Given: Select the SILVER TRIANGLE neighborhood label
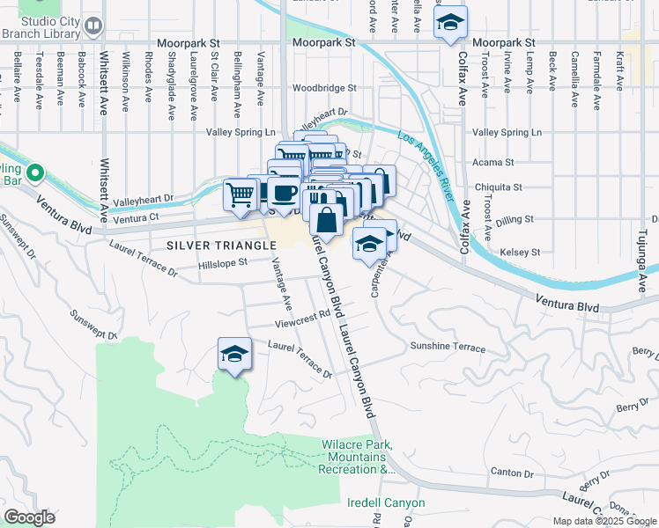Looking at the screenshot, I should tap(215, 246).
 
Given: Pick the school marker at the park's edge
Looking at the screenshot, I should tap(234, 354).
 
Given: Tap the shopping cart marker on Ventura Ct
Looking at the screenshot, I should tap(241, 194).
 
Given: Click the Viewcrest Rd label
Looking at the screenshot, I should tap(301, 316).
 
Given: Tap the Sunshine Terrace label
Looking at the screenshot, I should tap(447, 348).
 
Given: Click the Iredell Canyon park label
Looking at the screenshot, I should tap(386, 503).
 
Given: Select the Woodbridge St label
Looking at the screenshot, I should tap(324, 88).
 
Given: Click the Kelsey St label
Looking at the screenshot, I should tap(519, 252).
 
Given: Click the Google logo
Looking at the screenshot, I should tap(29, 517).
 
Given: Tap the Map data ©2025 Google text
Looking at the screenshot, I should tap(603, 521).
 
